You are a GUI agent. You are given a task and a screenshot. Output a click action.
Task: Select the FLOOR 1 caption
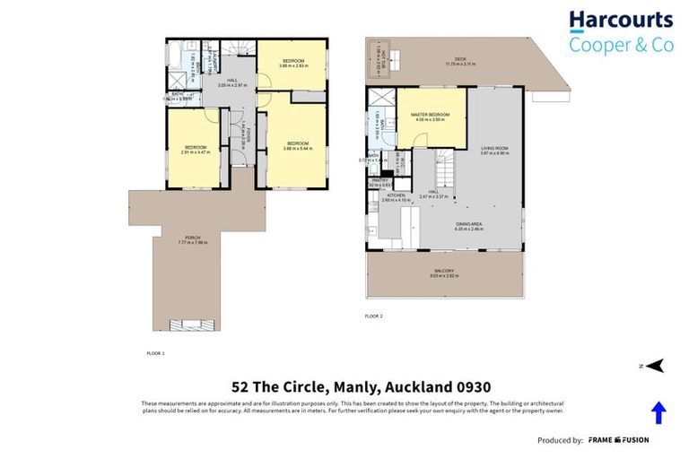[x=155, y=354]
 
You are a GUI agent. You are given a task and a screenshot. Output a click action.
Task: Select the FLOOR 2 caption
[x=373, y=316]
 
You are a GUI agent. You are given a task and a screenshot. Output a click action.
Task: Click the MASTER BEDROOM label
[x=431, y=117]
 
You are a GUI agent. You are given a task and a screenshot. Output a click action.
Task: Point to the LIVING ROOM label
[x=494, y=151]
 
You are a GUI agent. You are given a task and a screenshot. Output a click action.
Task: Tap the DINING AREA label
[x=470, y=226]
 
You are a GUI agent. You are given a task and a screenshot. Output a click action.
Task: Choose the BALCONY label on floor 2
[x=446, y=273]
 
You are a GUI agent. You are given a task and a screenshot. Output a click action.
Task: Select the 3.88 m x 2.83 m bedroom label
[x=292, y=62]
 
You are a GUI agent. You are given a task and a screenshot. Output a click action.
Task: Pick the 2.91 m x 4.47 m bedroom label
[x=196, y=149]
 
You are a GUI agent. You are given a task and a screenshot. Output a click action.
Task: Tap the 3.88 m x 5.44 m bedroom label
[x=298, y=145]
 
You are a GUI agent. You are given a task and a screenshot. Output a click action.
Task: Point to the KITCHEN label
[x=396, y=196]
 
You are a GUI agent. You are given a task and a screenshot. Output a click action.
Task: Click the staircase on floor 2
[x=448, y=167]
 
